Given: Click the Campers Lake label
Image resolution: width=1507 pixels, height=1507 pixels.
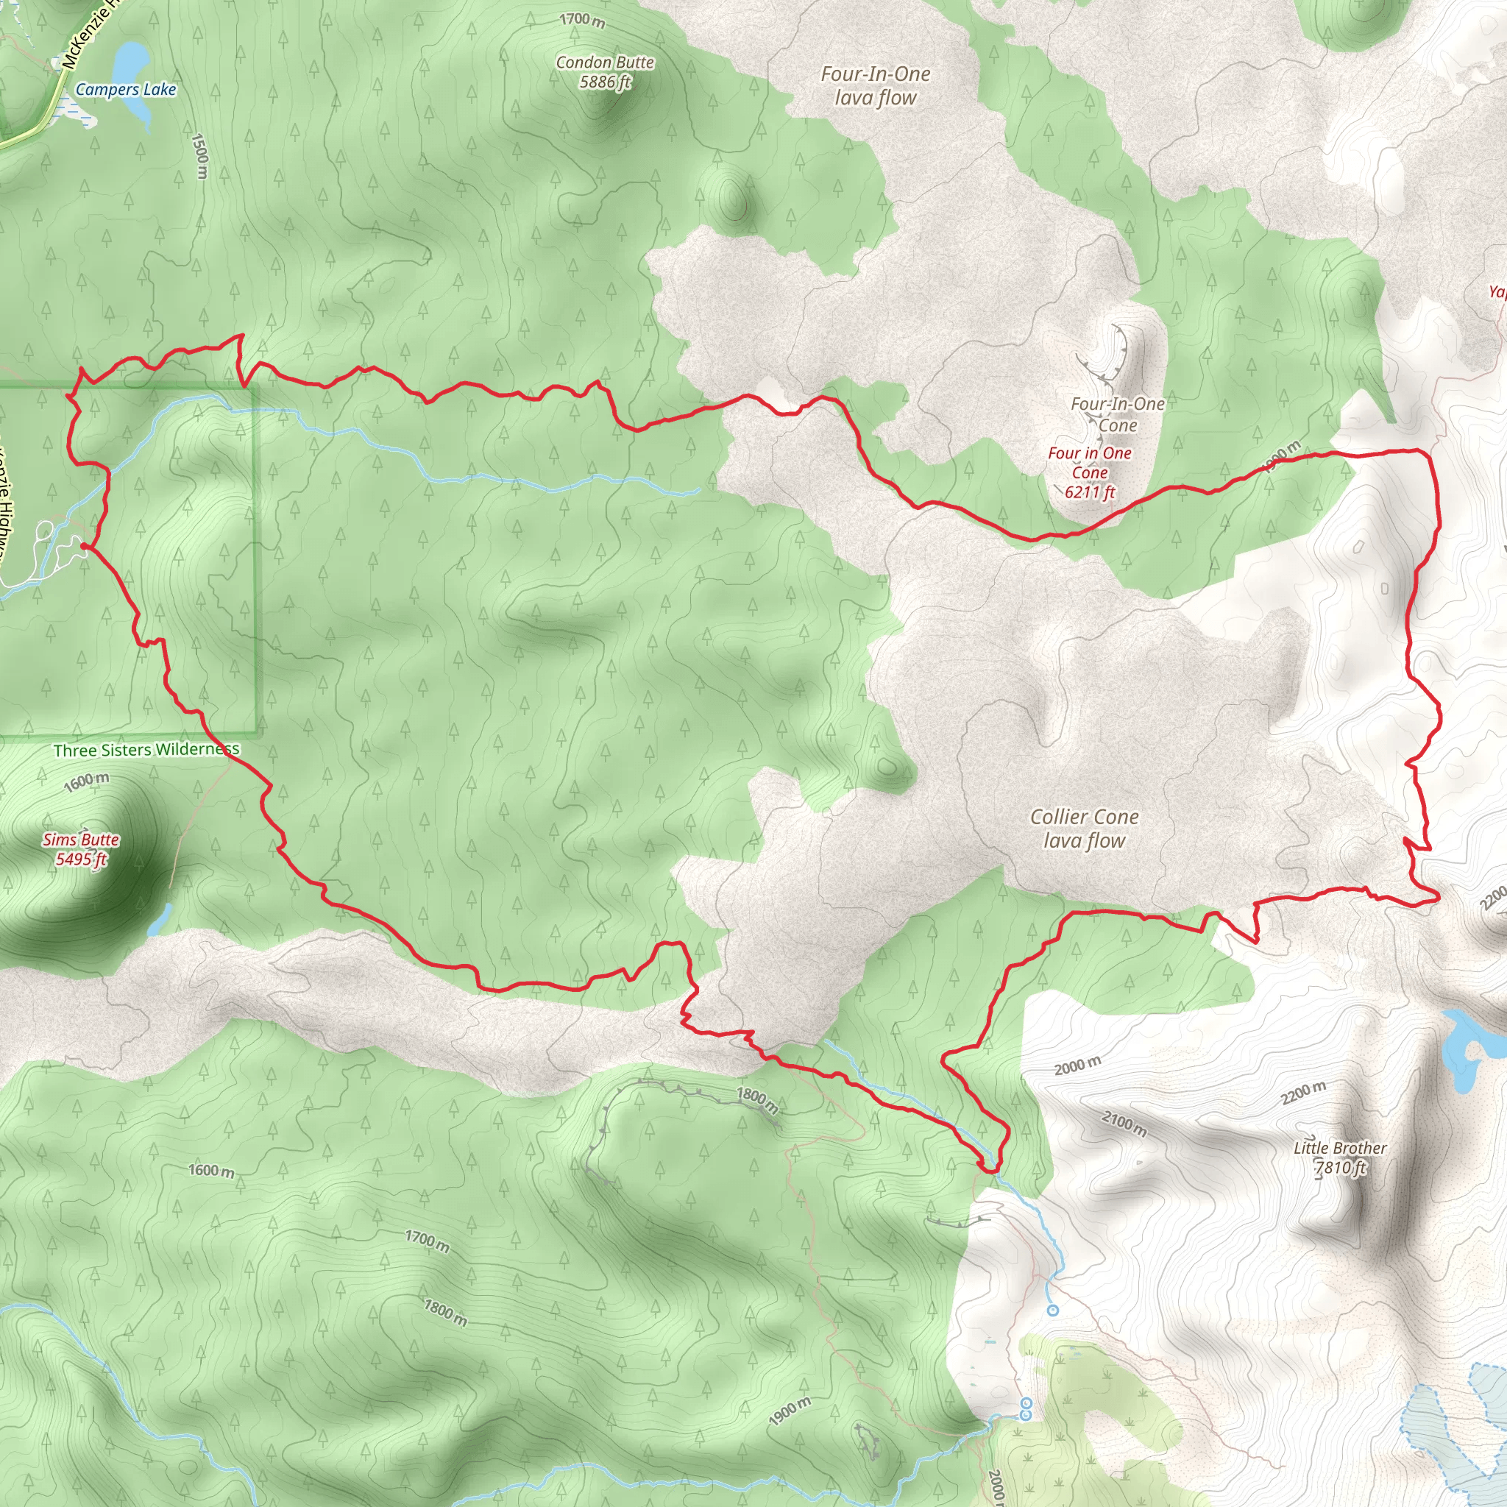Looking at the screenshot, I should pos(126,90).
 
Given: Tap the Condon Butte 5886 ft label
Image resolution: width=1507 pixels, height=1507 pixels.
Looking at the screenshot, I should pos(605,72).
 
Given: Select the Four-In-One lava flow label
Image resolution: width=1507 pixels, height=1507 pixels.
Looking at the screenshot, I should pos(875,86).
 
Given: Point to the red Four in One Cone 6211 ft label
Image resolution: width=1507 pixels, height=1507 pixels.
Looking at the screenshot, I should pos(1090,472).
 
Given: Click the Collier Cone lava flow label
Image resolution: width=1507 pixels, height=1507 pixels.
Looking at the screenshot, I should pos(1084,829).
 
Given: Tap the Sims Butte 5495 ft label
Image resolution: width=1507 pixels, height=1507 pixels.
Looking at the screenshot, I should pos(81,849).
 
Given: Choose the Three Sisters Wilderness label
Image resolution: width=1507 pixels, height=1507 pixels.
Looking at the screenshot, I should pos(146,750).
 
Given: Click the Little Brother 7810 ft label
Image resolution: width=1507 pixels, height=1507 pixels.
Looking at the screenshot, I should pos(1340,1157).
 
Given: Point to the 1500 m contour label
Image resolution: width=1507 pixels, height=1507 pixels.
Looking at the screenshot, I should pos(199,155).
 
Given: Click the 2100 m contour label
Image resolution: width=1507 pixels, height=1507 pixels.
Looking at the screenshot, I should pos(1124,1124).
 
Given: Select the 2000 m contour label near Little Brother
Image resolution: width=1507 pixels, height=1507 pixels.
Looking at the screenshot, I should pos(1077,1065).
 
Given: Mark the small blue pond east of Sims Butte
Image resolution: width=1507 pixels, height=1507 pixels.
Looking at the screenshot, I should pos(159,919).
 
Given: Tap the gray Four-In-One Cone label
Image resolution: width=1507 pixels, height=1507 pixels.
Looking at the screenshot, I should pos(1117,414).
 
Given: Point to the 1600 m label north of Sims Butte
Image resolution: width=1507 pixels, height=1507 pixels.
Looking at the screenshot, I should pos(87,781).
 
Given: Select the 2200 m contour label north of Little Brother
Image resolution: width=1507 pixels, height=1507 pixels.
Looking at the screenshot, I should pos(1302,1093).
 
